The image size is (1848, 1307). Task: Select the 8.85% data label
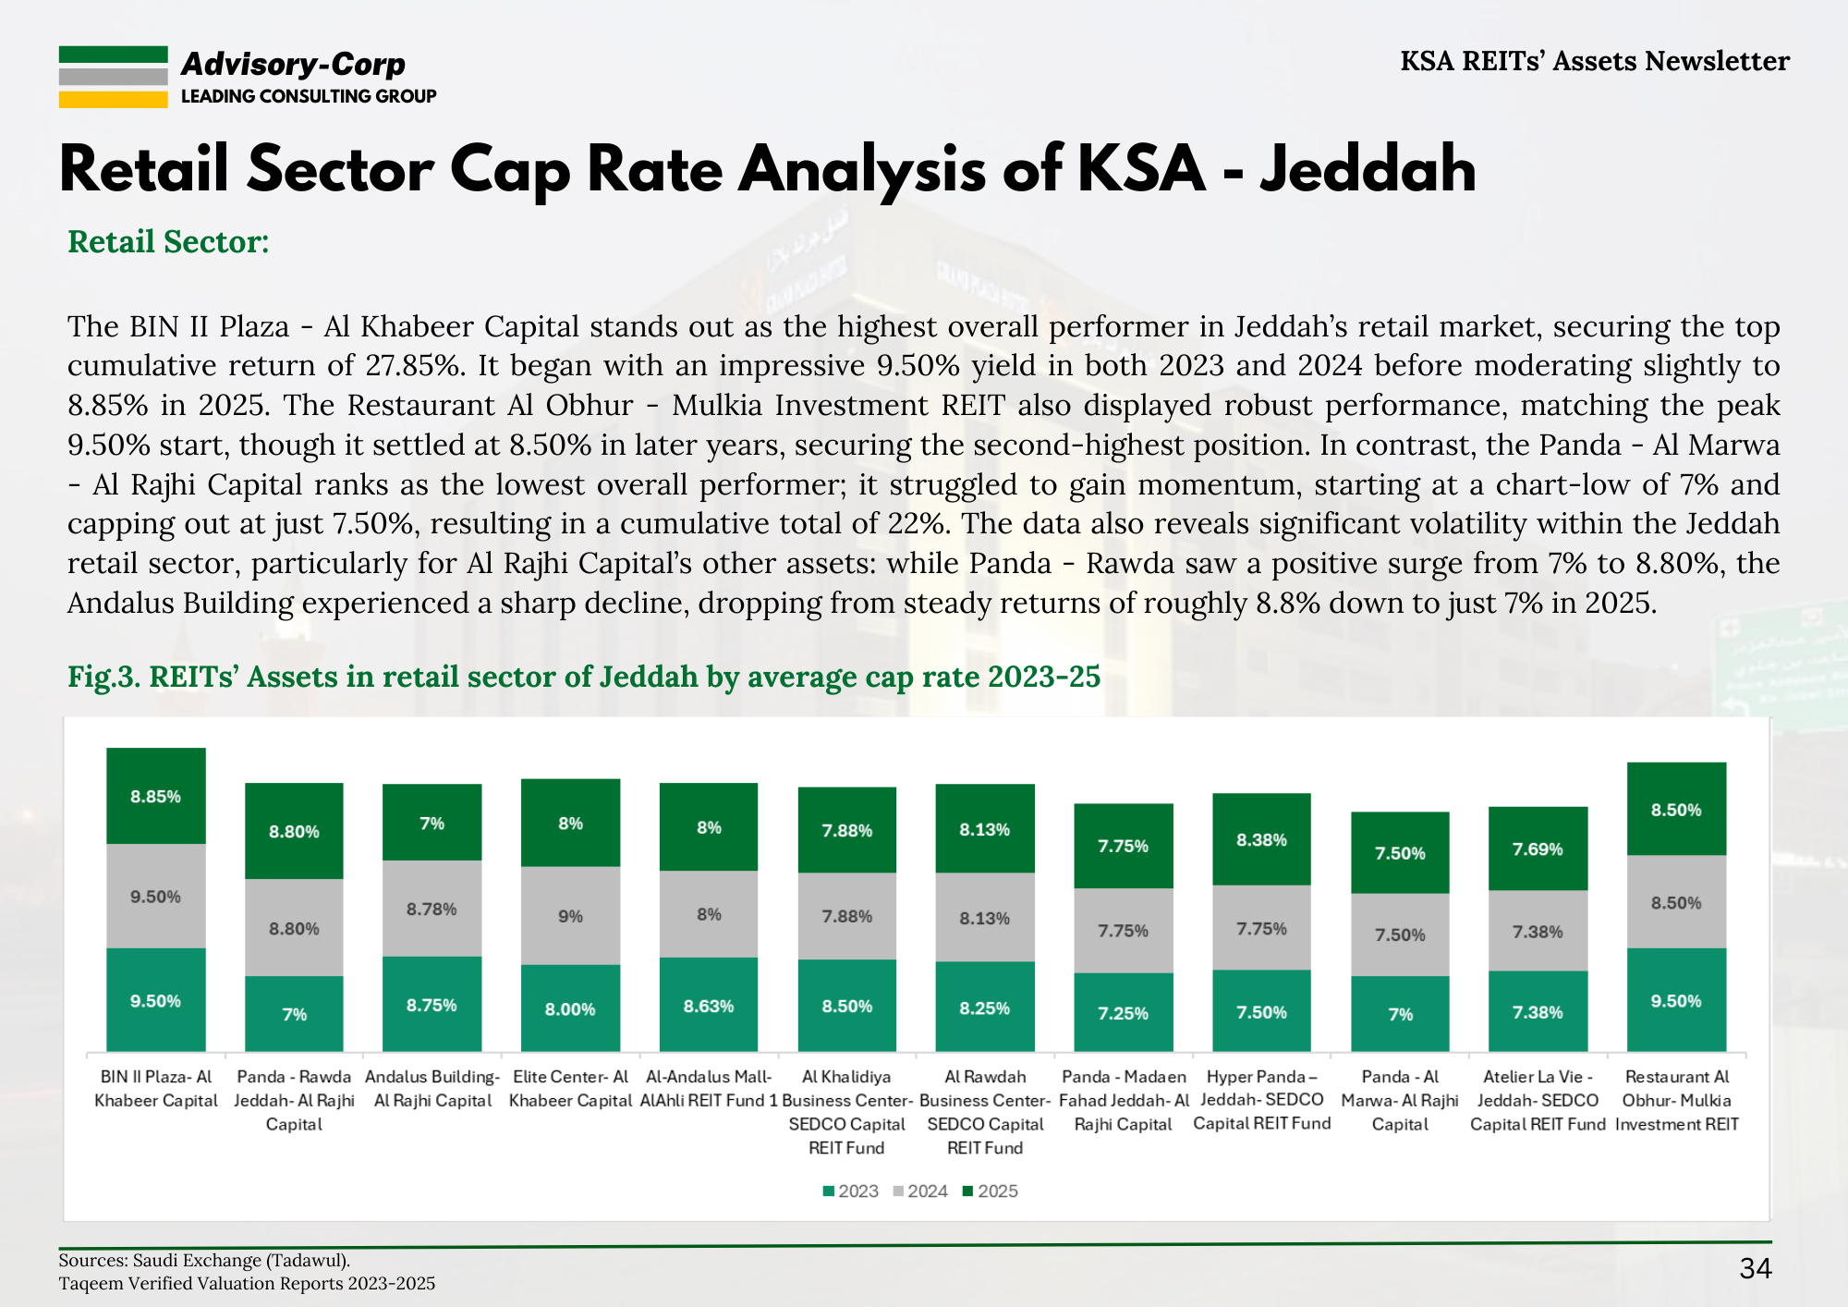[155, 797]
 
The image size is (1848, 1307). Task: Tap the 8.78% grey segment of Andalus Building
[432, 909]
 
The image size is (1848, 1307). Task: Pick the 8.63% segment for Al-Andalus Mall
[709, 1006]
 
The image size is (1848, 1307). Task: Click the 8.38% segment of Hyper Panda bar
[1261, 839]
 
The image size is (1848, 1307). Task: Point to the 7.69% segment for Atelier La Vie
[1538, 849]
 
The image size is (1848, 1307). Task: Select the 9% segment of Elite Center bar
[570, 916]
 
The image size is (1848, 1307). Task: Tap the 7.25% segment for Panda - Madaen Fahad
[1123, 1013]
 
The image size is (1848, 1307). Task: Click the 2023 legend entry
[851, 1191]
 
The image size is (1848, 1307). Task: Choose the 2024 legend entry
[920, 1191]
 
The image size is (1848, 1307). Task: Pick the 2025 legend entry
[991, 1191]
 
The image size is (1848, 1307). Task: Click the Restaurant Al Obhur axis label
[1676, 1100]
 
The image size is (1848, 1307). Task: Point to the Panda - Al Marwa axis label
[1400, 1100]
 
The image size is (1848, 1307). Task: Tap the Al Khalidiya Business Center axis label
[846, 1112]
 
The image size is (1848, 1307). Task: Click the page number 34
[1755, 1268]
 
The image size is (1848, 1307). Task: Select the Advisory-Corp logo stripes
[113, 78]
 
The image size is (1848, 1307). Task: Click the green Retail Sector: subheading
[168, 241]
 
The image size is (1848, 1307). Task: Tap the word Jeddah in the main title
[1368, 170]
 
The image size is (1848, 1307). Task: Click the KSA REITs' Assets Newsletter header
[1594, 61]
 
